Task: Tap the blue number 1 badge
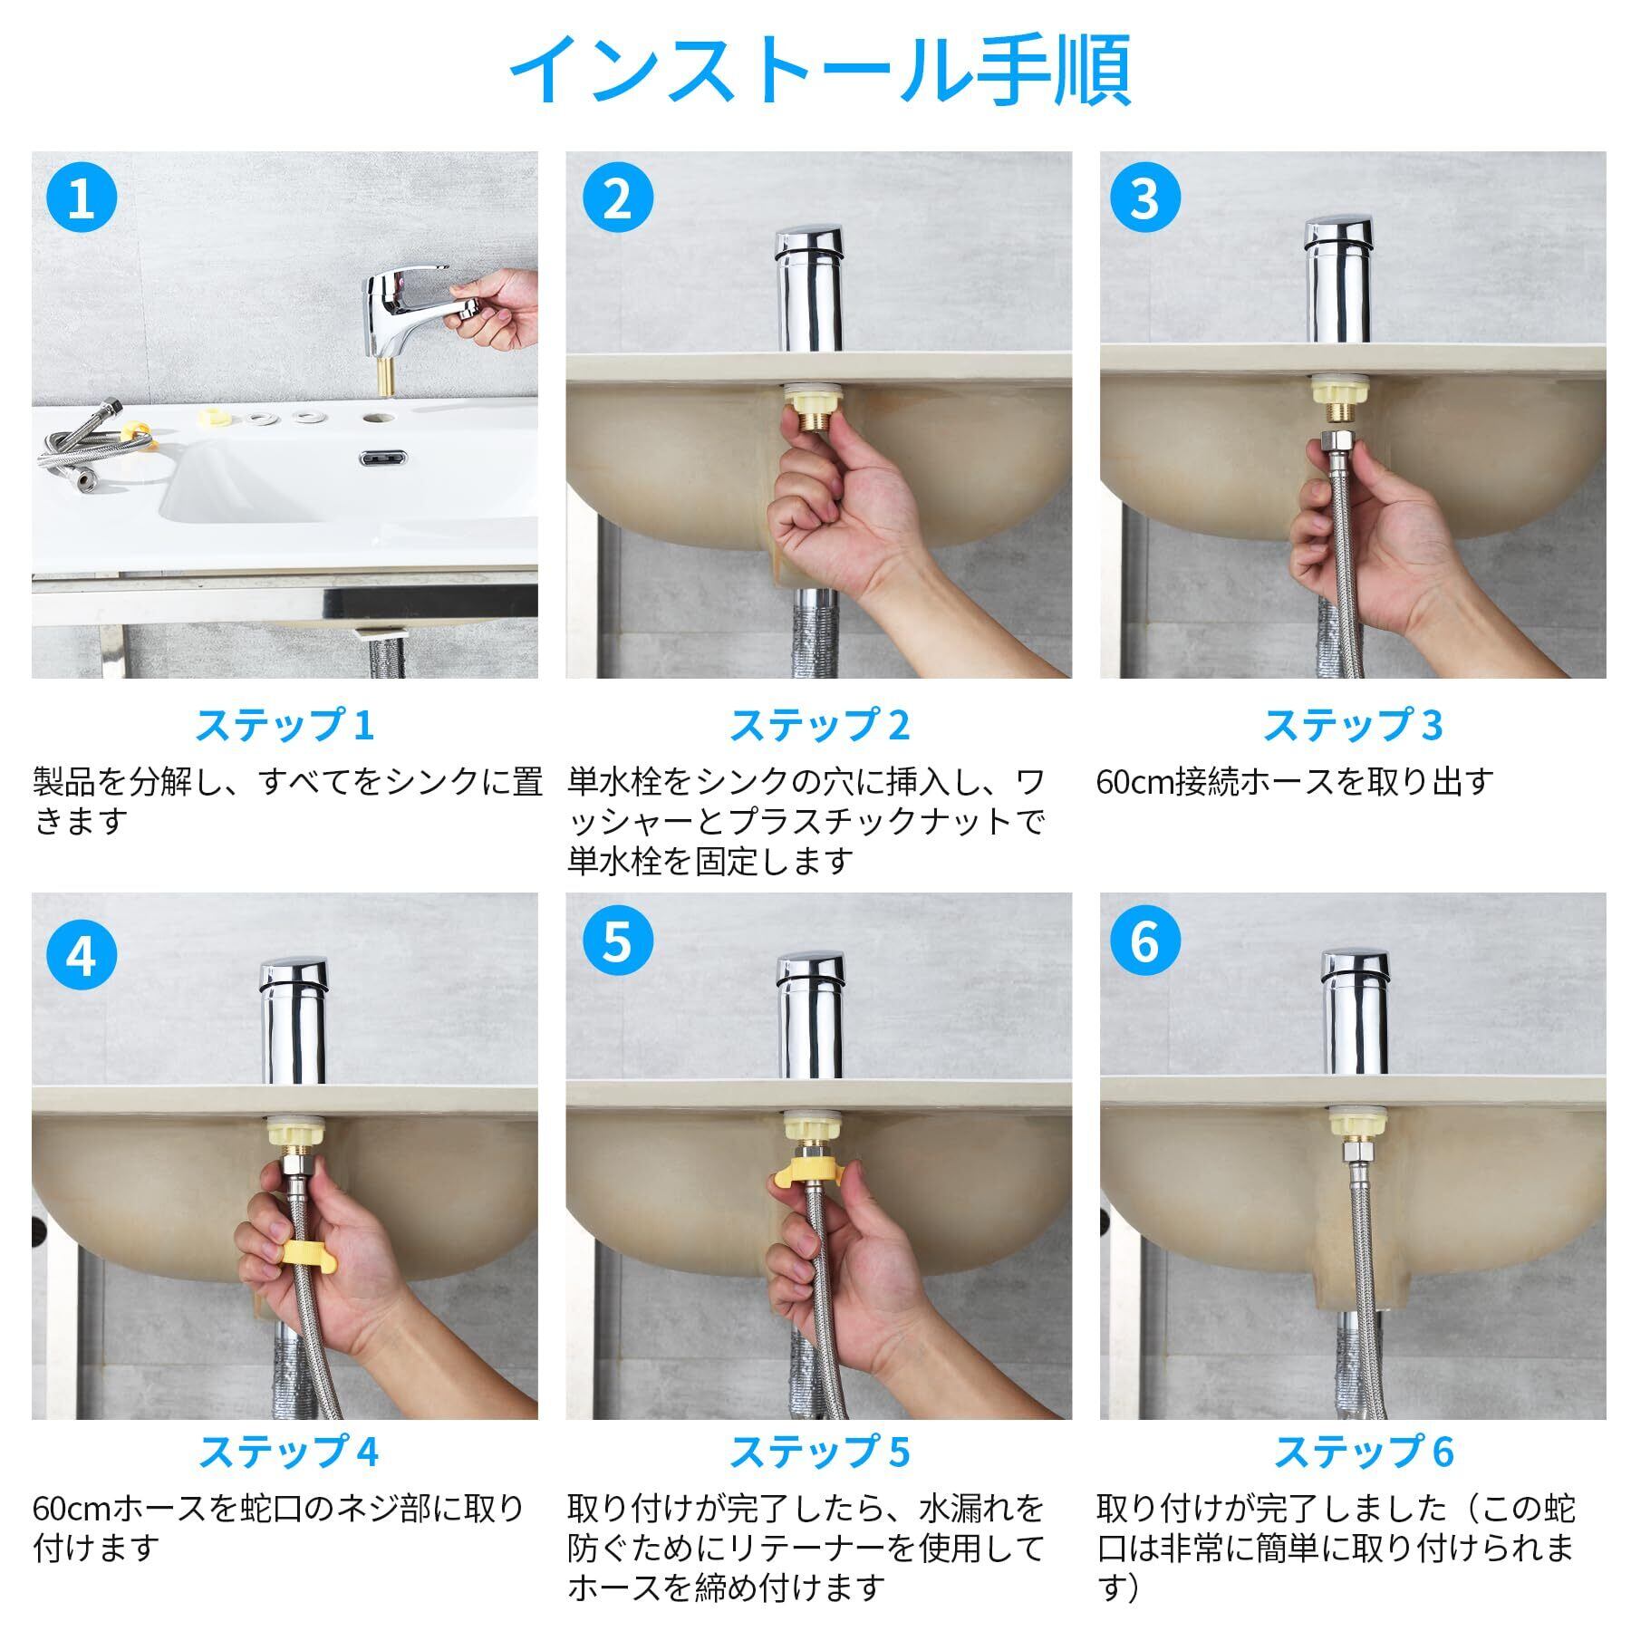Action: [82, 198]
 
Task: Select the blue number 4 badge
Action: [82, 955]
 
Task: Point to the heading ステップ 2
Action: [819, 725]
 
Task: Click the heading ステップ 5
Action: [819, 1451]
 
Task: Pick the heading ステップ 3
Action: [1352, 725]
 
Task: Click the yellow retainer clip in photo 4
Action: [306, 1255]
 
